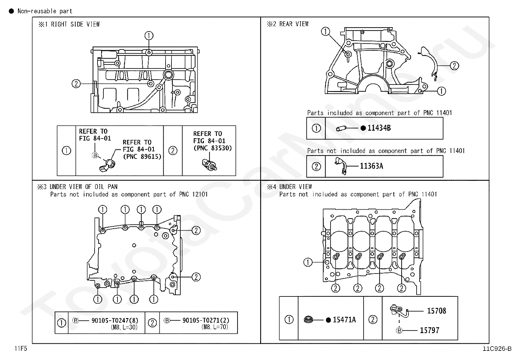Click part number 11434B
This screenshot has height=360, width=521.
[x=379, y=128]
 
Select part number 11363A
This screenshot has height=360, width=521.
[x=371, y=166]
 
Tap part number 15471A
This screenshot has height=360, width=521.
[x=344, y=320]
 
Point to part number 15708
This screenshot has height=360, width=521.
[x=437, y=311]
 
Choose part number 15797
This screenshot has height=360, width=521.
[x=429, y=331]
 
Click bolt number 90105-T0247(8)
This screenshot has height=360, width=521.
[x=115, y=320]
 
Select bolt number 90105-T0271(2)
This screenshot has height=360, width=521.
[x=206, y=320]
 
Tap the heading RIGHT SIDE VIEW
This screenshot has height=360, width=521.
[x=75, y=24]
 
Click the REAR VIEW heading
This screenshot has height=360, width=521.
[x=294, y=24]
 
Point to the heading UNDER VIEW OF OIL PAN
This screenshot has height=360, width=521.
[x=83, y=187]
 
